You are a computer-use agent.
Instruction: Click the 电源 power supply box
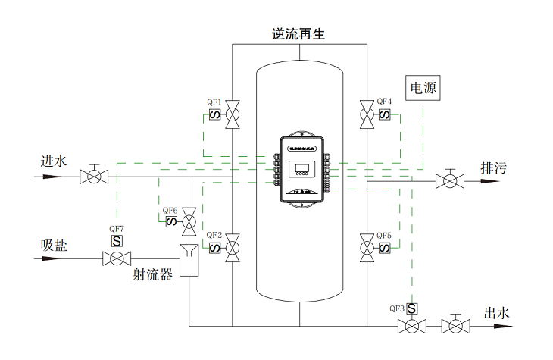pyautogui.click(x=423, y=88)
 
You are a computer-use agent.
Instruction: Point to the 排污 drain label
pyautogui.click(x=493, y=168)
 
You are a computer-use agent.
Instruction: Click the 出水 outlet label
pyautogui.click(x=497, y=312)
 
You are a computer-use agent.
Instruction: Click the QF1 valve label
pyautogui.click(x=214, y=102)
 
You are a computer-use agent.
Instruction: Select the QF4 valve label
pyautogui.click(x=385, y=102)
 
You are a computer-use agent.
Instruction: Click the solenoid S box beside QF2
pyautogui.click(x=215, y=248)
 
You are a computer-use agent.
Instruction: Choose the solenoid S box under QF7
pyautogui.click(x=117, y=242)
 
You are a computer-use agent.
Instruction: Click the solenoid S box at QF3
pyautogui.click(x=411, y=309)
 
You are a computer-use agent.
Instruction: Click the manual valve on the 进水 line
pyautogui.click(x=94, y=177)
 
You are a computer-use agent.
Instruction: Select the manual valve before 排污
pyautogui.click(x=450, y=181)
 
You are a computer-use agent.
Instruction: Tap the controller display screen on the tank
pyautogui.click(x=303, y=168)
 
